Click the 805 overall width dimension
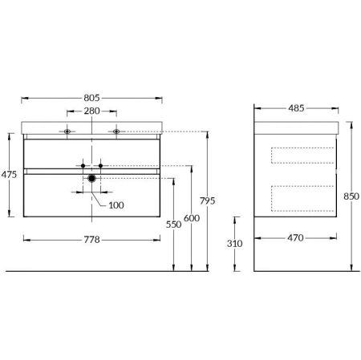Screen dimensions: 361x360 pyautogui.click(x=91, y=98)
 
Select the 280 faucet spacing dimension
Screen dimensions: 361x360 pyautogui.click(x=91, y=111)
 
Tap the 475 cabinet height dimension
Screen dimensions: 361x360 pyautogui.click(x=9, y=175)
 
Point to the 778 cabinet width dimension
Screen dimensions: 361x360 pyautogui.click(x=91, y=240)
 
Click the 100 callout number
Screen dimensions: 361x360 pyautogui.click(x=116, y=205)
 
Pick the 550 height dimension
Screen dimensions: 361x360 pyautogui.click(x=173, y=224)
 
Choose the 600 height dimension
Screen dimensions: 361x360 pyautogui.click(x=192, y=218)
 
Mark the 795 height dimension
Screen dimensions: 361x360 pyautogui.click(x=207, y=200)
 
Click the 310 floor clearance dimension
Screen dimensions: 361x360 pyautogui.click(x=234, y=244)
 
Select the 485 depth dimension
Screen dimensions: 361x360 pyautogui.click(x=296, y=108)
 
